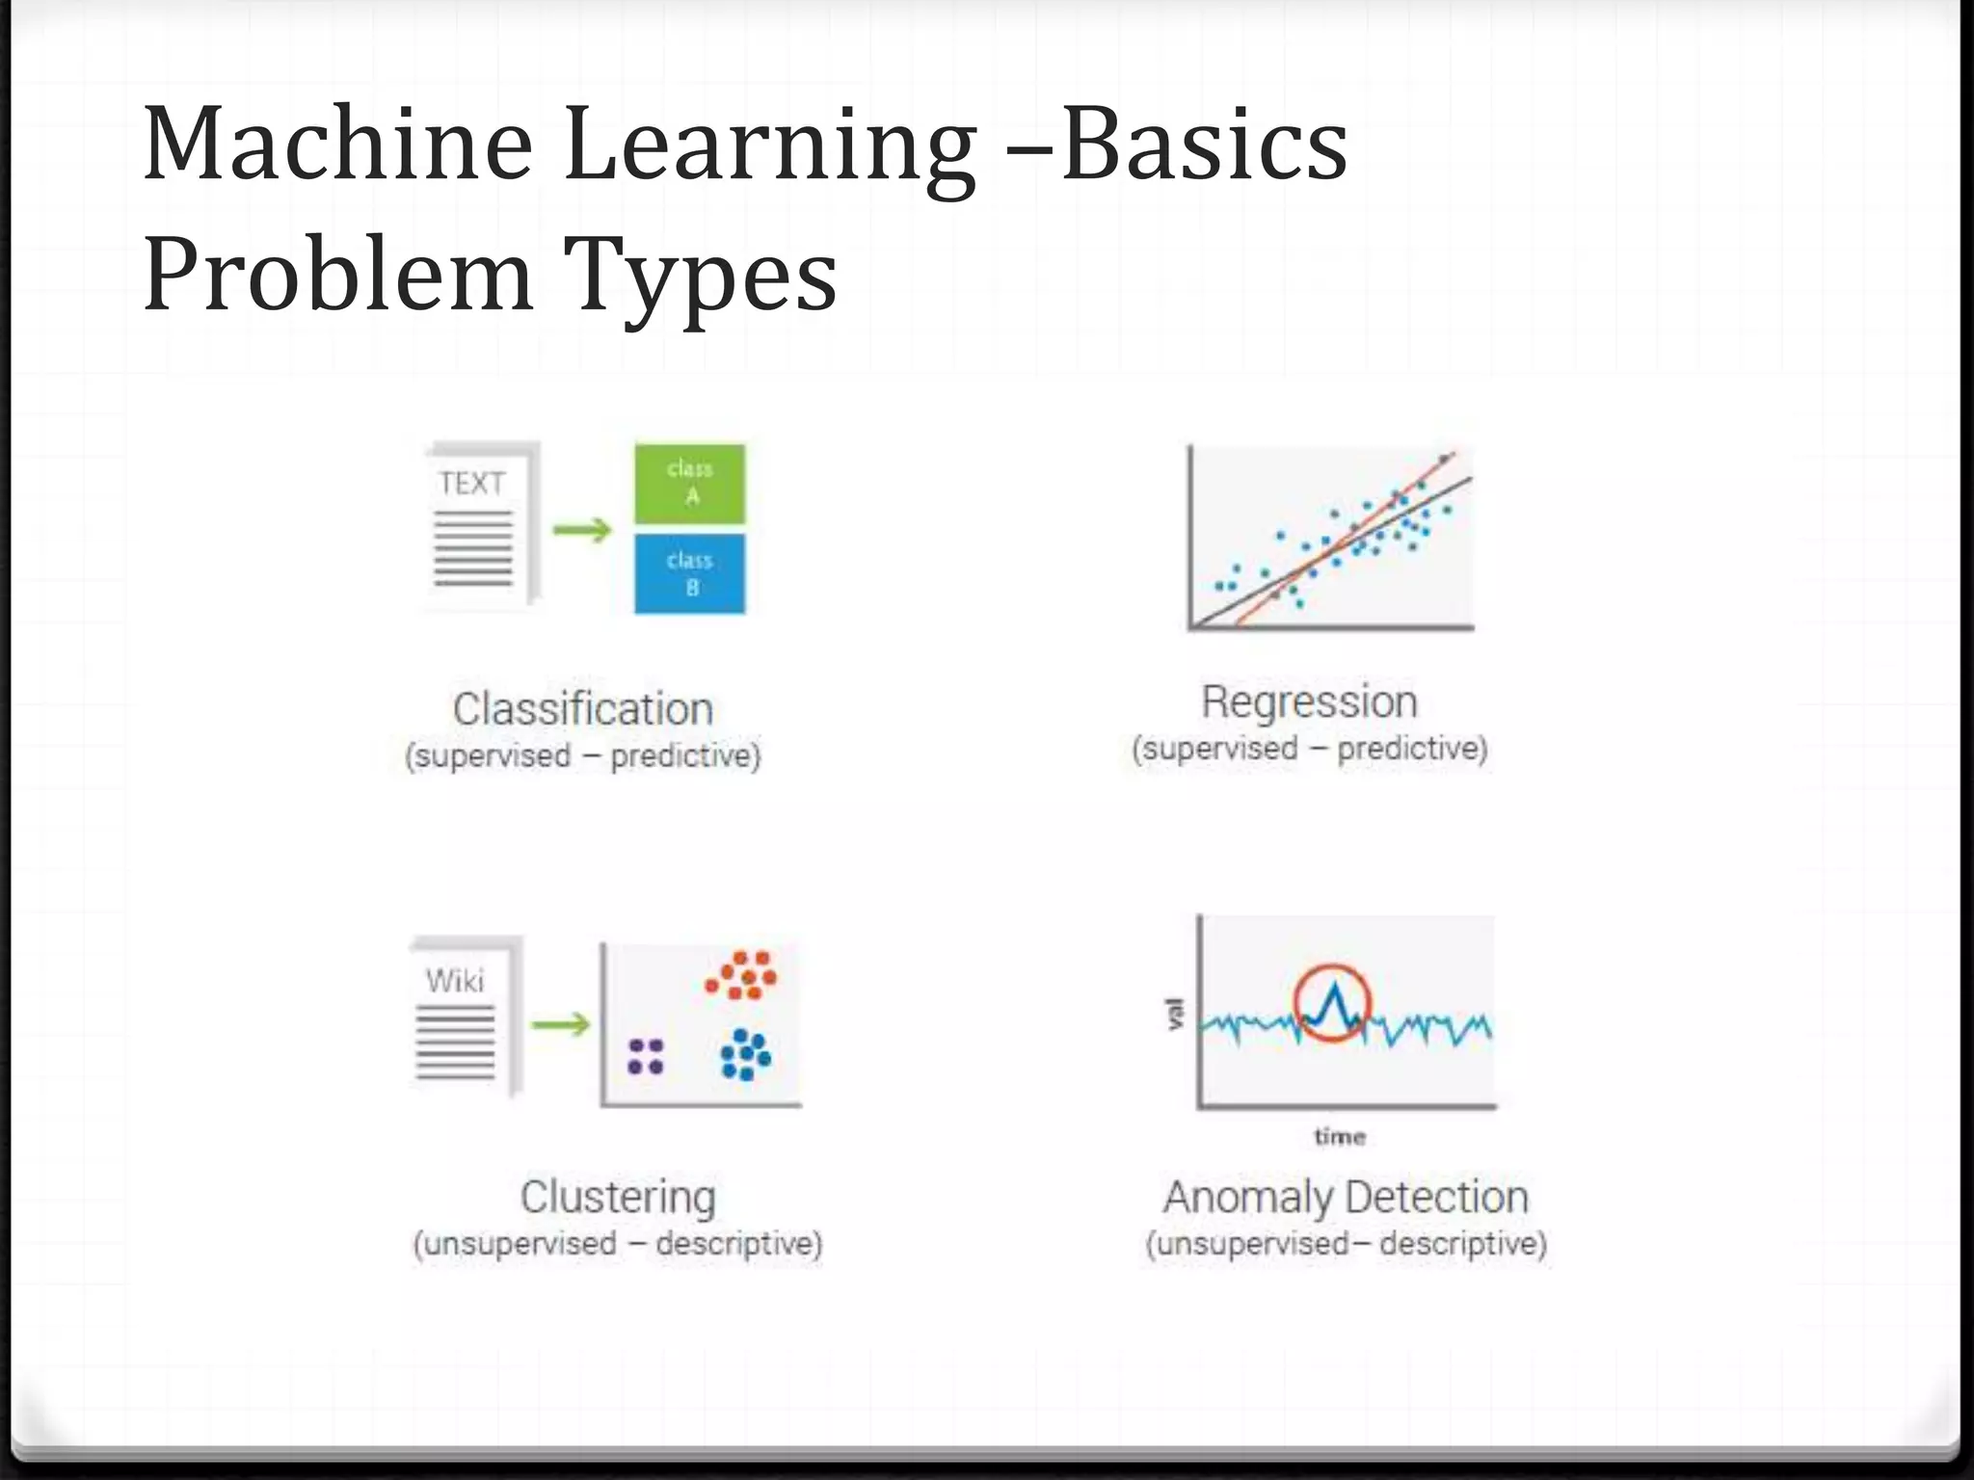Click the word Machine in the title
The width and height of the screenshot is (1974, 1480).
coord(337,145)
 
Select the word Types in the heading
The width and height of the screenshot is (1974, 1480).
coord(701,277)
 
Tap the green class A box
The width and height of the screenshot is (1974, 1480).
coord(690,483)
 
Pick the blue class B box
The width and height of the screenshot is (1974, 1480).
coord(690,573)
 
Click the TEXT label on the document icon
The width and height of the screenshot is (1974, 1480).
coord(472,483)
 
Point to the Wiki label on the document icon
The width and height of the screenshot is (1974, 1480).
coord(455,981)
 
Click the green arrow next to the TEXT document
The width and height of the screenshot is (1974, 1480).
coord(582,529)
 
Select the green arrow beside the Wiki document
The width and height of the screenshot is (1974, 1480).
coord(560,1023)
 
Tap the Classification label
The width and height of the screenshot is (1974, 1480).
coord(583,709)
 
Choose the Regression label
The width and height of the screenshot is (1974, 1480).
coord(1309,701)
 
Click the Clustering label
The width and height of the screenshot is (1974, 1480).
coord(618,1197)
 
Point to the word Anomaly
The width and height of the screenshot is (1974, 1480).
coord(1246,1198)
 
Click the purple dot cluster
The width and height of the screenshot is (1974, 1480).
coord(646,1056)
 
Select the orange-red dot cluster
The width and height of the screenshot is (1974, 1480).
coord(741,975)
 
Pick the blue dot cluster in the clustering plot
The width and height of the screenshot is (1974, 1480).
coord(745,1054)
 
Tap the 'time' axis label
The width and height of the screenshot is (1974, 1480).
coord(1340,1137)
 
